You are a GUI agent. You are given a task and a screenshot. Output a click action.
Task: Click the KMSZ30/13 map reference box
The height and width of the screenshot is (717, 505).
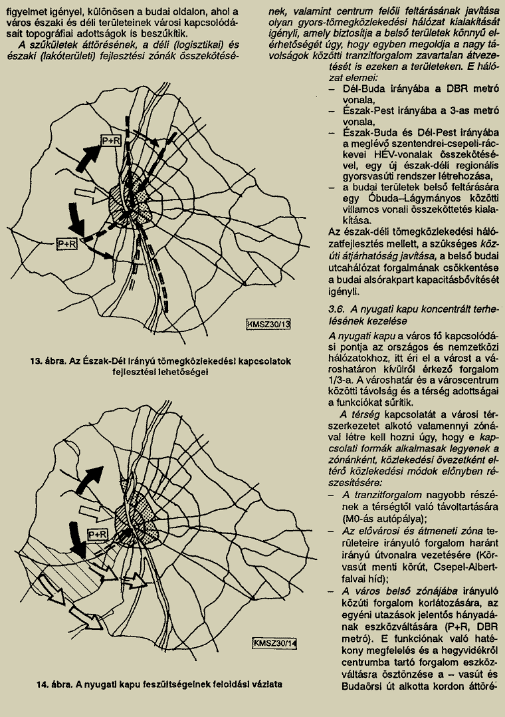pyautogui.click(x=270, y=324)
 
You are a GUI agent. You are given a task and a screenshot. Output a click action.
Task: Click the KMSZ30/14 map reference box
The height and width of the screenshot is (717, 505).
pyautogui.click(x=275, y=643)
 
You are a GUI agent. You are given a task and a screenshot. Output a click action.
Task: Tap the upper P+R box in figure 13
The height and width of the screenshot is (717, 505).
pyautogui.click(x=110, y=139)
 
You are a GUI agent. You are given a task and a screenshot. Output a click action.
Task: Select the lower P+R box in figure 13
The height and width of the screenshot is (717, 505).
pyautogui.click(x=67, y=243)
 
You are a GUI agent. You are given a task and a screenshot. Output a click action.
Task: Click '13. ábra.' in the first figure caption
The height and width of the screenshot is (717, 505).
pyautogui.click(x=45, y=361)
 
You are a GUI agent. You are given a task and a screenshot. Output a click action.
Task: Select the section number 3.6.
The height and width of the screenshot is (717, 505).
pyautogui.click(x=337, y=309)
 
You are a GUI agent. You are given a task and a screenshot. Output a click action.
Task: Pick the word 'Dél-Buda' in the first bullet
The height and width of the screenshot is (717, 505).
pyautogui.click(x=363, y=88)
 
